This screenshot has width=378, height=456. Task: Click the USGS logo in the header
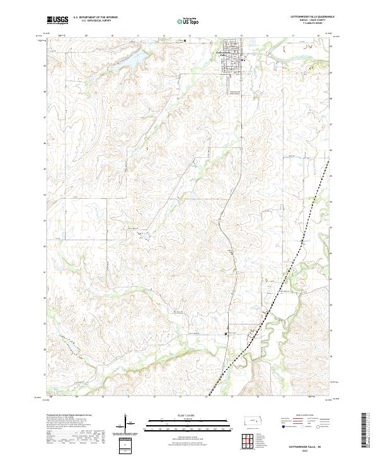coord(58,20)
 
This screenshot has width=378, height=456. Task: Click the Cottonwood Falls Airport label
coord(237,93)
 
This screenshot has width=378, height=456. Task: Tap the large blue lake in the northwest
coord(135,59)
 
